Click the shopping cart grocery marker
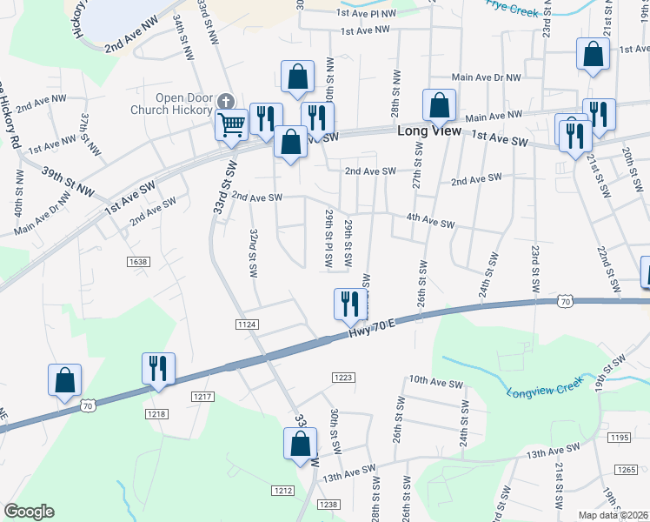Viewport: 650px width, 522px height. (232, 124)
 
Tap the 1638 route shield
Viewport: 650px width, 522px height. (138, 261)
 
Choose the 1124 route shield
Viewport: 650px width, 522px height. (246, 325)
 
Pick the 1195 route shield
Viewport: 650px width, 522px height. (619, 437)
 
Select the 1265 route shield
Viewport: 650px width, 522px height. (627, 469)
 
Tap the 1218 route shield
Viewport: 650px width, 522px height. (156, 413)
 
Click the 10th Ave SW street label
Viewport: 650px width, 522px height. (433, 381)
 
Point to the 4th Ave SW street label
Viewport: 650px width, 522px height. (430, 224)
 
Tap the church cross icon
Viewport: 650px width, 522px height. (227, 100)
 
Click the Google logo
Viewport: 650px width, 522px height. (29, 512)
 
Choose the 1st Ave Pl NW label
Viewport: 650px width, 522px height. (367, 13)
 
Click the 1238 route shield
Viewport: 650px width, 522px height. (328, 505)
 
